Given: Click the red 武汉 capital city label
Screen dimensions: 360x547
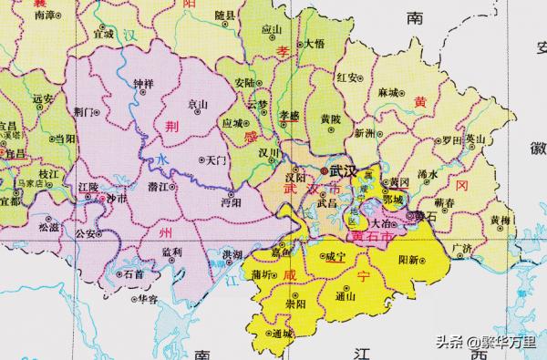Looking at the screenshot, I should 344,170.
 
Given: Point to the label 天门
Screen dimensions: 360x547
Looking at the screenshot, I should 216,159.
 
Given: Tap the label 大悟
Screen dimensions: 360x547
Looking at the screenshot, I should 315,43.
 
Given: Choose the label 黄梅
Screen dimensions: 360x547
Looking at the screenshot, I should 499,220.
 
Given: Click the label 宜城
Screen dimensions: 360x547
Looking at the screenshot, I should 104,34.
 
